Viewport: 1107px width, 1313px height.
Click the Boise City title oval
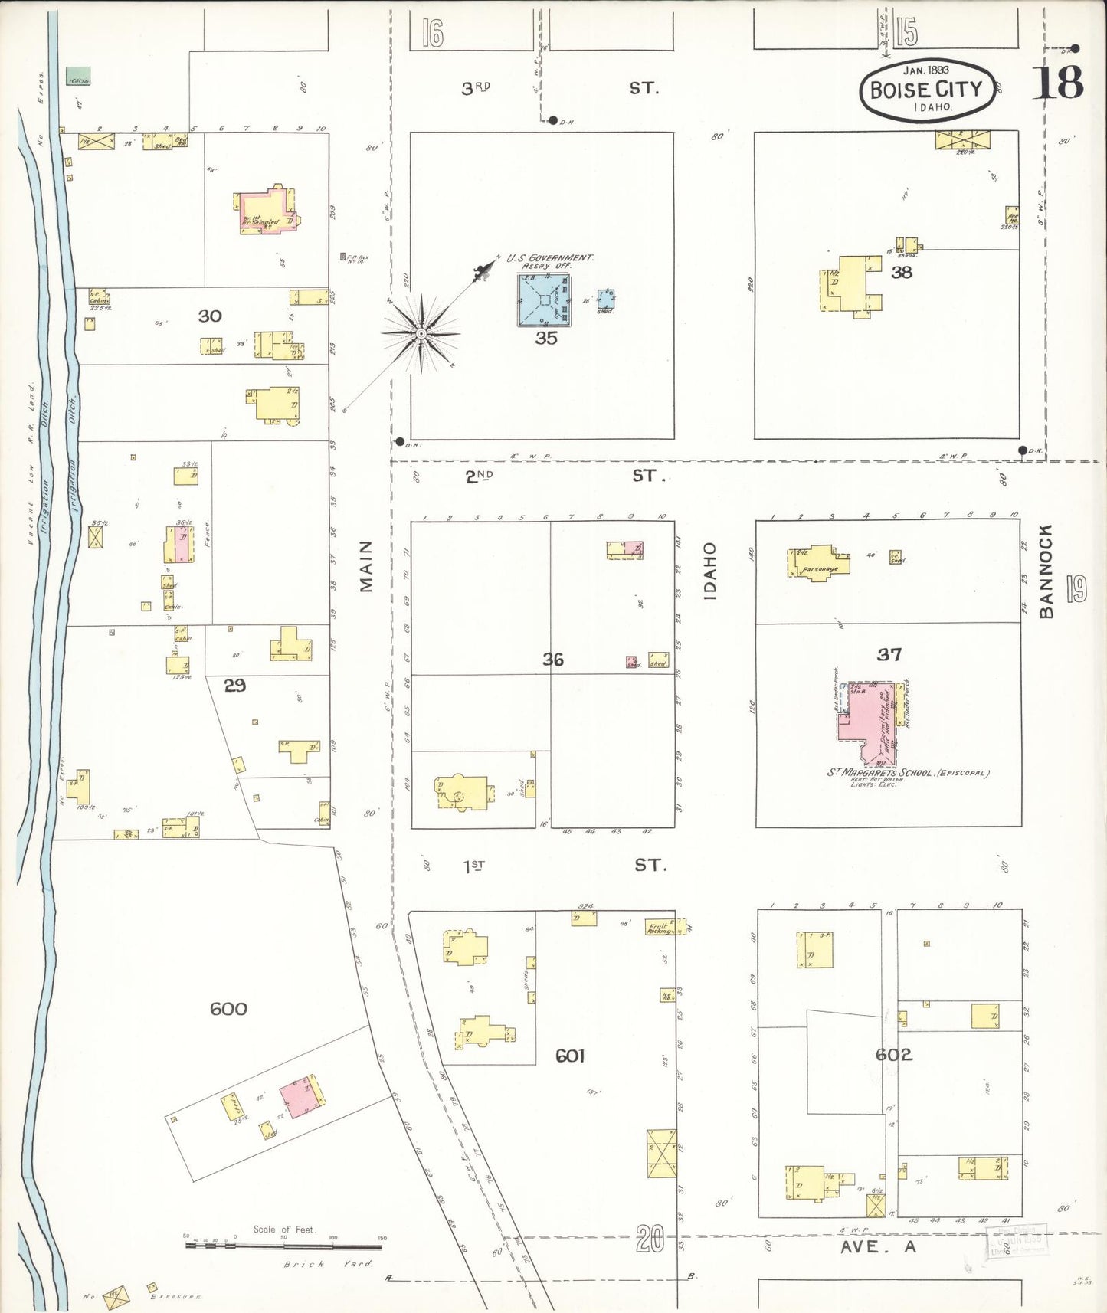tap(926, 90)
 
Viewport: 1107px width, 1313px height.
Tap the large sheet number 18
tap(1060, 83)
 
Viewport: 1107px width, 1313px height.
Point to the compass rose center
tap(421, 334)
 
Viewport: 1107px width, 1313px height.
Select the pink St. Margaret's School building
tap(866, 720)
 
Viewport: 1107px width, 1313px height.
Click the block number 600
tap(228, 1009)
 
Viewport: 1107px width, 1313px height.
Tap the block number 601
tap(570, 1056)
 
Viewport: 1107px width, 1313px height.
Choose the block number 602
tap(894, 1055)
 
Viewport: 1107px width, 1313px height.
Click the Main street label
tap(366, 566)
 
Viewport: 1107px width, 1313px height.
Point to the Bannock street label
tap(1046, 571)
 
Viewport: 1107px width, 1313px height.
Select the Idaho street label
tap(710, 570)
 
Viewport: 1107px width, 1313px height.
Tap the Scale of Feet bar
tap(283, 1246)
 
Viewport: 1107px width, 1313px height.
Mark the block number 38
tap(901, 272)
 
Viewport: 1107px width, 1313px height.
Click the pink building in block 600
tap(300, 1099)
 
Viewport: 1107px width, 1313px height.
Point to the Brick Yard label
tap(327, 1264)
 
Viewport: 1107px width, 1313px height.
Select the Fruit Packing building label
tap(659, 928)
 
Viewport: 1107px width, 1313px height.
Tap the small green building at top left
tap(78, 75)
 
